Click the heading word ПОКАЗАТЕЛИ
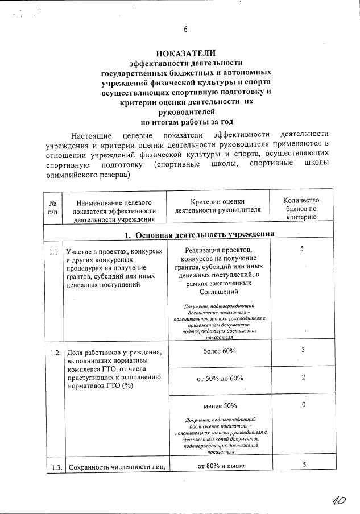pos(186,53)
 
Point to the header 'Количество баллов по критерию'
pos(301,208)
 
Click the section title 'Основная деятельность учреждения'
pos(196,234)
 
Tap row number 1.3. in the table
pos(54,468)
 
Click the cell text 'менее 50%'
pos(218,406)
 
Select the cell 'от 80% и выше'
pos(218,466)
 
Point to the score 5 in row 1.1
pos(302,249)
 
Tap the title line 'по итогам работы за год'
pos(186,121)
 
